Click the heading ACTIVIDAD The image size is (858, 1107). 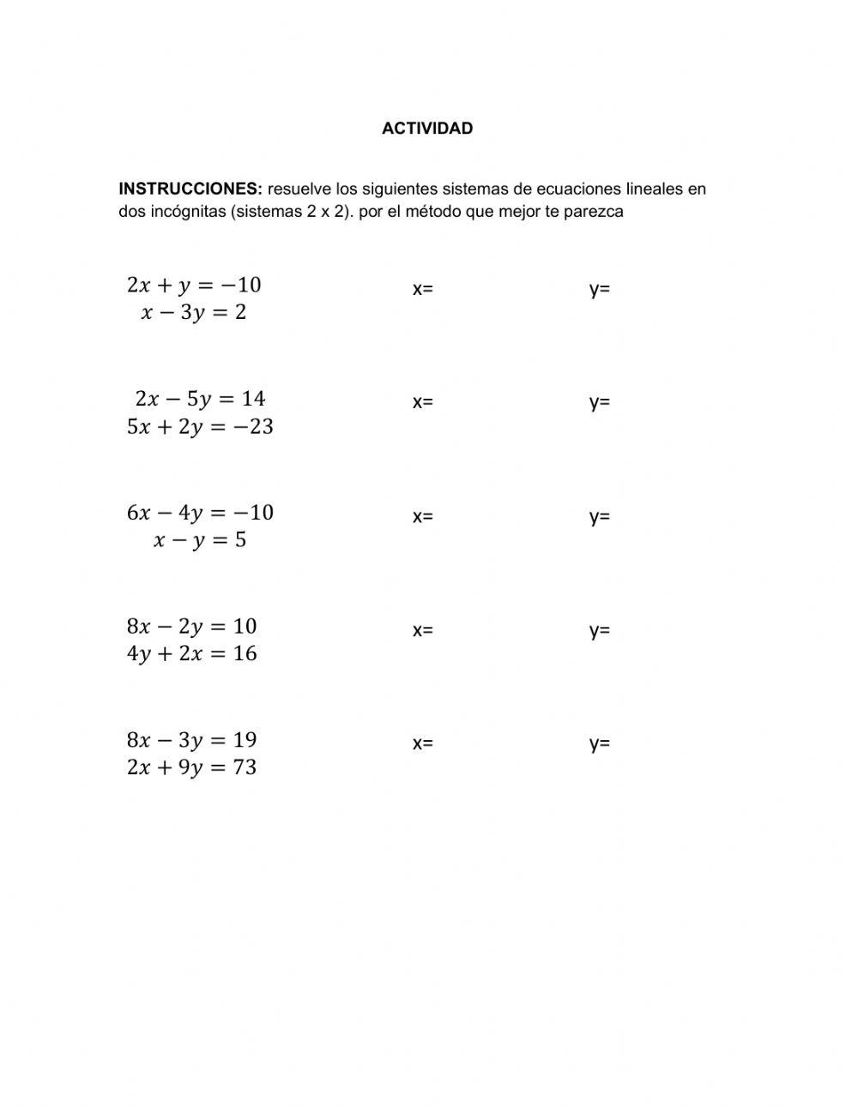tap(426, 129)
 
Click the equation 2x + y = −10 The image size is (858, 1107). tap(194, 285)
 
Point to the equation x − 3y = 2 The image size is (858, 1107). tap(194, 312)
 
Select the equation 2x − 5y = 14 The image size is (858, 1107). tap(200, 399)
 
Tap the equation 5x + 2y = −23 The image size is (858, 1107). tap(200, 426)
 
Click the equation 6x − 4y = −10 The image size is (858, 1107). tap(200, 513)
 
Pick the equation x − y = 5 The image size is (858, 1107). tap(200, 540)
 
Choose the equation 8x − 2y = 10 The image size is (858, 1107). tap(192, 626)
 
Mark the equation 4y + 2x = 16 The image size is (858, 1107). tap(192, 653)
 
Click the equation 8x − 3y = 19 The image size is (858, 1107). tap(192, 740)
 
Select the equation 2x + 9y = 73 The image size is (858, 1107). tap(192, 767)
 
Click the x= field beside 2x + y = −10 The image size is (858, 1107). tap(423, 289)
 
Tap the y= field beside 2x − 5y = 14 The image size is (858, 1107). tap(600, 402)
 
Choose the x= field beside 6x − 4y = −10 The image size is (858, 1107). tap(423, 516)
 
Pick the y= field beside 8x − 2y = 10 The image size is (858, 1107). tap(600, 630)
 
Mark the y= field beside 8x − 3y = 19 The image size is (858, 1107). tap(600, 743)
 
